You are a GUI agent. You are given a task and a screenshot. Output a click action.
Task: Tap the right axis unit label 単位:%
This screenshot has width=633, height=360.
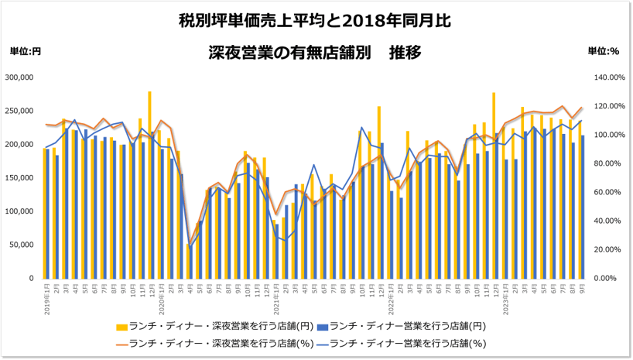pos(604,51)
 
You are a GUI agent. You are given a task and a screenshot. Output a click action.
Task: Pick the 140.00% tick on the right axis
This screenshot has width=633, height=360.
pos(607,77)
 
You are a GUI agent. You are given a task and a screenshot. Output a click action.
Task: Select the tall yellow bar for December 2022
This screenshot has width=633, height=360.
pos(493,185)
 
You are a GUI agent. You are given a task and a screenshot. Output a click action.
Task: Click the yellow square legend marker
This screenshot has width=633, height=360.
pos(124,325)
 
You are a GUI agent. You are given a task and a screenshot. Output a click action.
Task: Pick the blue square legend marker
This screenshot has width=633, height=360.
pos(322,325)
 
